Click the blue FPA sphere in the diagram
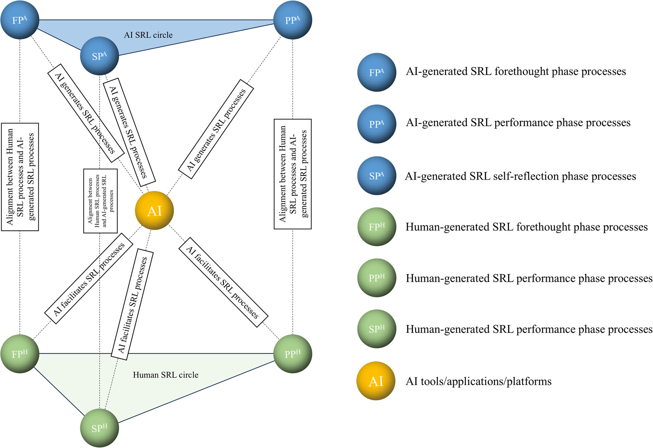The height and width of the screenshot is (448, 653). [x=20, y=19]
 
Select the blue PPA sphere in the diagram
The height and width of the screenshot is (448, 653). [x=293, y=20]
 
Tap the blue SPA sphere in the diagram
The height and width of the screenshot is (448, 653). [x=99, y=56]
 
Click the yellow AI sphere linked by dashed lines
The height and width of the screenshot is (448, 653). [x=154, y=211]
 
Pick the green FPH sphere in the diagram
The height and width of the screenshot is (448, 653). [x=20, y=353]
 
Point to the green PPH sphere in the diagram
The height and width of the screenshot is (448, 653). [x=293, y=354]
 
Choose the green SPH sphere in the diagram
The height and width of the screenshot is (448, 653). [x=100, y=428]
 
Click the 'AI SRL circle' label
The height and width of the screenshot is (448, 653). [x=148, y=35]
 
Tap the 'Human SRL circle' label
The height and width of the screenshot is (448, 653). [x=166, y=375]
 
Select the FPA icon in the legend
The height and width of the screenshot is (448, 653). [x=377, y=72]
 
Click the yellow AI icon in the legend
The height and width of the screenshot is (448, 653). [x=376, y=381]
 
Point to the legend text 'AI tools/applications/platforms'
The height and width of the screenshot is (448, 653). [x=478, y=381]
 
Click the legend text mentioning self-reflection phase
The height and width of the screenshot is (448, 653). [x=521, y=176]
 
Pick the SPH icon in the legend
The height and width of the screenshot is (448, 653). [x=377, y=329]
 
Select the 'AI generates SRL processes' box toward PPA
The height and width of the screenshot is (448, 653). [x=216, y=129]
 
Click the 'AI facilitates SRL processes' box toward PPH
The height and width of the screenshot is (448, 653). [x=223, y=282]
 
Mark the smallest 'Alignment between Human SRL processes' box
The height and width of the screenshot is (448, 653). [x=100, y=201]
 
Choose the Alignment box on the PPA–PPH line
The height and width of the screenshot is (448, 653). [x=293, y=174]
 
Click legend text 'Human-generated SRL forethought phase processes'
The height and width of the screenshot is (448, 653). [x=527, y=227]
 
